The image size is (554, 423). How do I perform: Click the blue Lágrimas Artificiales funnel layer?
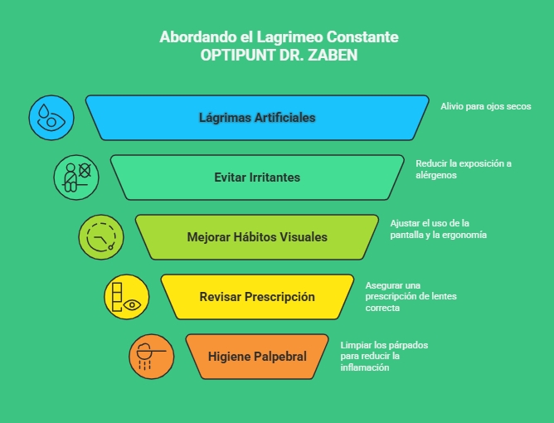257,118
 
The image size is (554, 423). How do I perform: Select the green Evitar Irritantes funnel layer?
257,177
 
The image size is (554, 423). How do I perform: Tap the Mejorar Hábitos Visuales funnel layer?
257,237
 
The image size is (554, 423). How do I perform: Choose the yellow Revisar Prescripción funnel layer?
257,297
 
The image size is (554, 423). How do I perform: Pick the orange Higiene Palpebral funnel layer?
257,357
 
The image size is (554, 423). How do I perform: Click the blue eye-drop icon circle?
51,118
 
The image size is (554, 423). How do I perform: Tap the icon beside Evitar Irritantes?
76,177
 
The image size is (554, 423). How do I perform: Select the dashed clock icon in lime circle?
101,237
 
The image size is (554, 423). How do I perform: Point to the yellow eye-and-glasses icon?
126,297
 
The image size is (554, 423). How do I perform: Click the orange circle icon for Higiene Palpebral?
151,357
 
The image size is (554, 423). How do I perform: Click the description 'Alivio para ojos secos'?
485,106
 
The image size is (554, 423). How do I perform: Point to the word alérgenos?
436,175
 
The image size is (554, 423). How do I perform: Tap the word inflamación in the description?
365,367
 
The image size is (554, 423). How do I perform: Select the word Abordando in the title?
190,37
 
